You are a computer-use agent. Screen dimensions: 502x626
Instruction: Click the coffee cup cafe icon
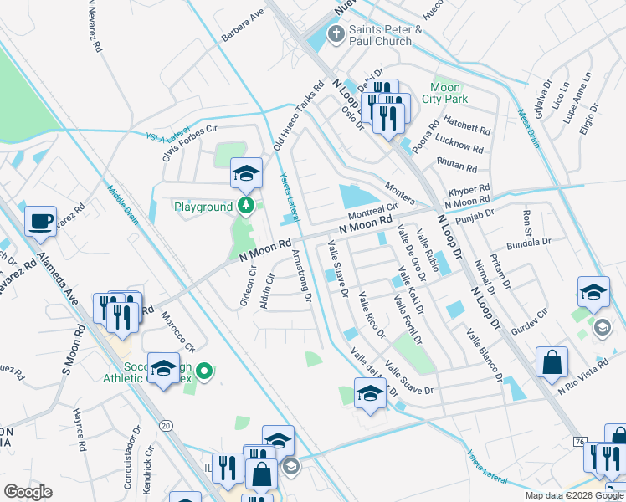(40, 222)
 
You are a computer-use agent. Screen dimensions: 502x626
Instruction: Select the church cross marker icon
(336, 34)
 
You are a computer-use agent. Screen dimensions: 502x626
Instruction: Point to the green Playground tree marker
(244, 206)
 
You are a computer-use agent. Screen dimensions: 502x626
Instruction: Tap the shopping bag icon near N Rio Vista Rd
(552, 362)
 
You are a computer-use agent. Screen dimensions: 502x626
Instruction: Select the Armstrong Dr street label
(303, 276)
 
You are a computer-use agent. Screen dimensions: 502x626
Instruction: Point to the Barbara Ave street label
(243, 26)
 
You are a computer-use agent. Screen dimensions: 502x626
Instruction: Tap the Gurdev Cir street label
(529, 317)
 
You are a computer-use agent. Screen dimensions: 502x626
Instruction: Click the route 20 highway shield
(166, 426)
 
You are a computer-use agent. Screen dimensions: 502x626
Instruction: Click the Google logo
(28, 492)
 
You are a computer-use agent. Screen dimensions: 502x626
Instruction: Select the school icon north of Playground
(245, 173)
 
